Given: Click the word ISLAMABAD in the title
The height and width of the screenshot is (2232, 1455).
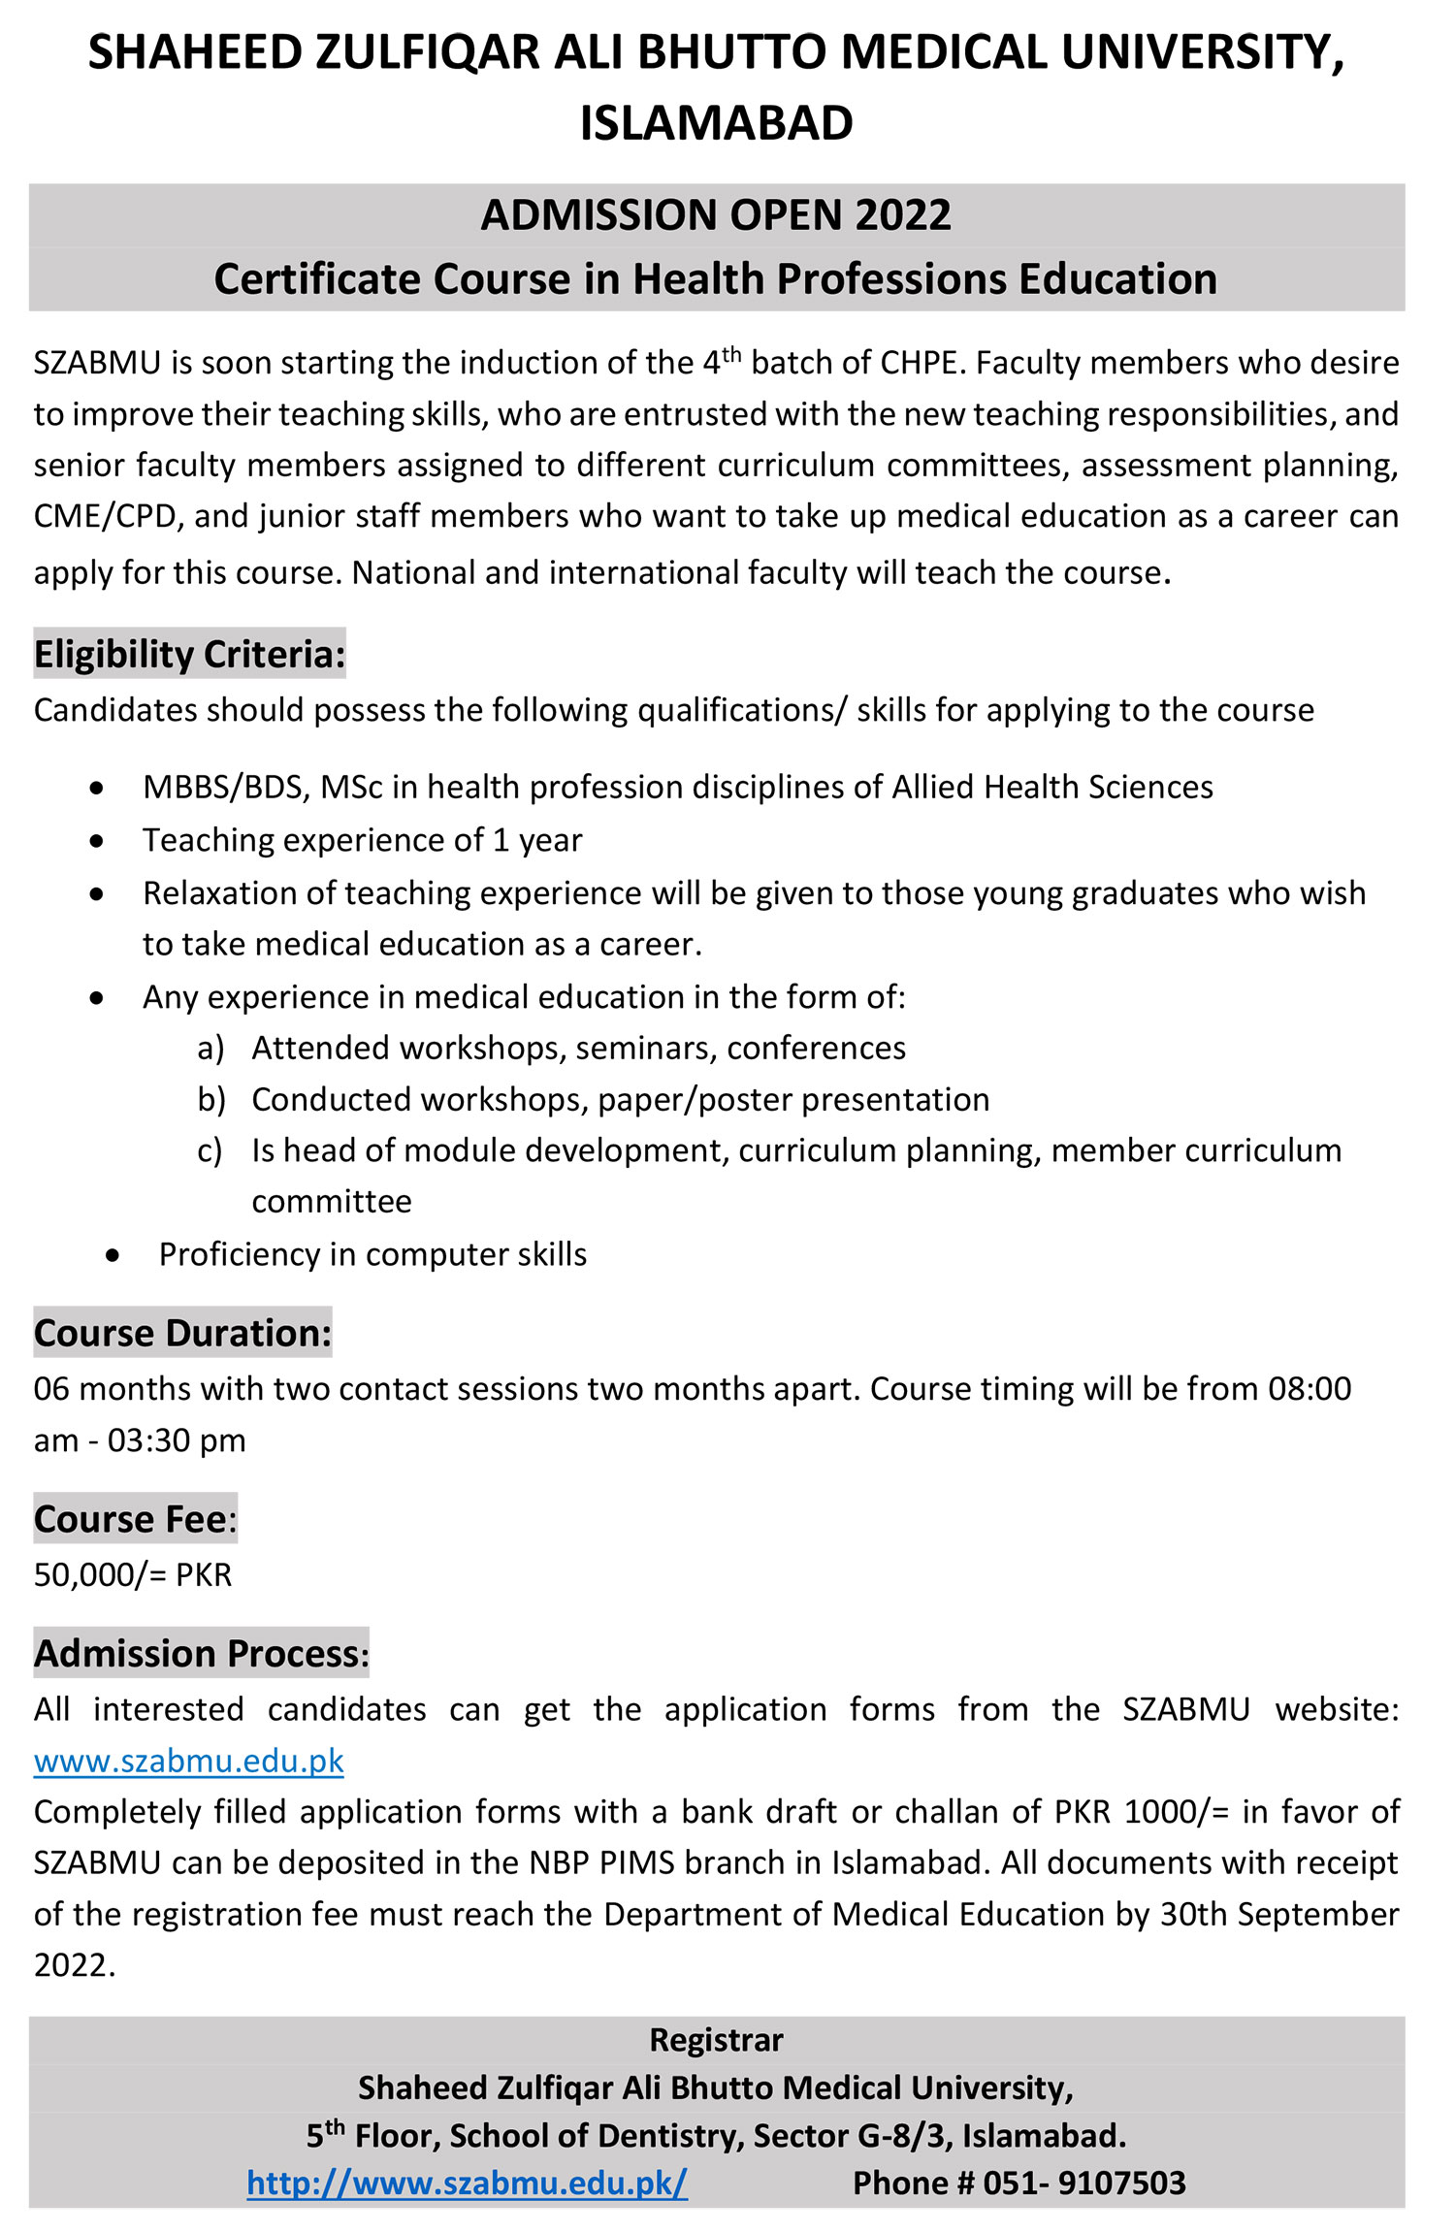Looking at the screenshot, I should [716, 123].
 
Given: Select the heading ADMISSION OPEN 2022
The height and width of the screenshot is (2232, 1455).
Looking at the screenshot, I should [716, 214].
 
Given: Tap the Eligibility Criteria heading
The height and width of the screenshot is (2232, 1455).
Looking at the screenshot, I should [189, 655].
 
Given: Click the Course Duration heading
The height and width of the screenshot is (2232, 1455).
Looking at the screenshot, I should [182, 1333].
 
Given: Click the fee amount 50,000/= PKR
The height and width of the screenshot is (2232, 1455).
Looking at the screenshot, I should [133, 1574].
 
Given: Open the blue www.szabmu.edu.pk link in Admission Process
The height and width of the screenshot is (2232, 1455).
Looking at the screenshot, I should [188, 1760].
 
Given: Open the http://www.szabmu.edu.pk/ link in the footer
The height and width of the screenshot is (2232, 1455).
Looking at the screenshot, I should [467, 2183].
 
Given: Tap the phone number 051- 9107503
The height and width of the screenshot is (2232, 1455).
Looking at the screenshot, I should [1083, 2183].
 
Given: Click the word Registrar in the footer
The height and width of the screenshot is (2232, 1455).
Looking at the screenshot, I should [716, 2039].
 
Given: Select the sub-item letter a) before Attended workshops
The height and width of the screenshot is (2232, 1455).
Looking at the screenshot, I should [210, 1049].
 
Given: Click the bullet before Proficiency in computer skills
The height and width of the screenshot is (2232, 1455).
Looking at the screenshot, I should [114, 1255].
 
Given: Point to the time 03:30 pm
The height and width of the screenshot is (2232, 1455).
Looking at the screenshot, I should [177, 1440].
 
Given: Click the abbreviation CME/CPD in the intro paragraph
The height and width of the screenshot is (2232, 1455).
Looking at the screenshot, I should [104, 516].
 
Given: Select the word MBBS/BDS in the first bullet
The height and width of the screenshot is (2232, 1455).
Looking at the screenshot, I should [225, 787].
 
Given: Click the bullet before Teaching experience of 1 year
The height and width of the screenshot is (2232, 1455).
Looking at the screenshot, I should [96, 841].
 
